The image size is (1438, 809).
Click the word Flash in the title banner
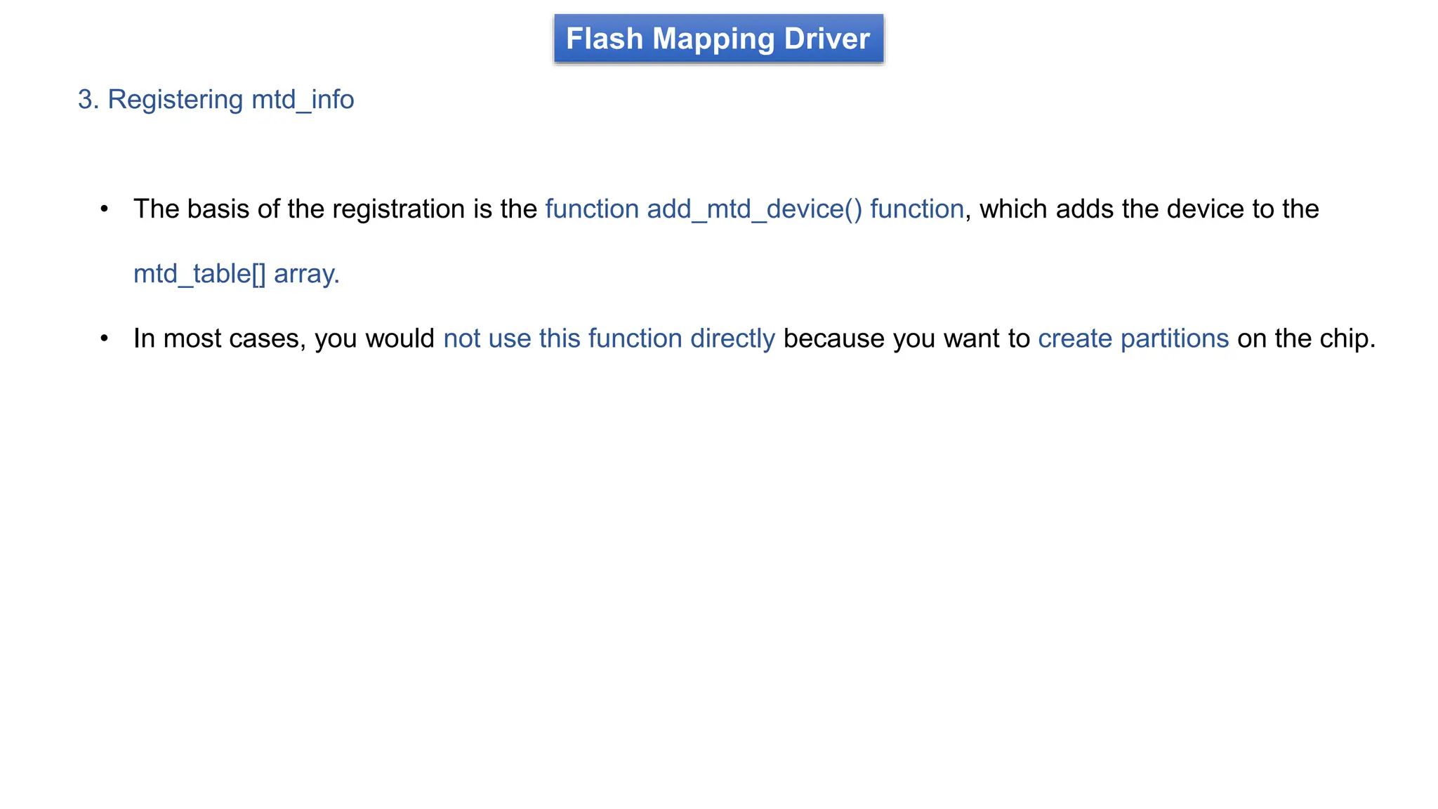604,39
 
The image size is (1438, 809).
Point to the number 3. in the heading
88,100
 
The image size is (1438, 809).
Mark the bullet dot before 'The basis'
105,209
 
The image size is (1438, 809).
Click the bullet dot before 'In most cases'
105,338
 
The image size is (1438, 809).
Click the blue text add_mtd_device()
754,209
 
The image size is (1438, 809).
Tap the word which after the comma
1014,209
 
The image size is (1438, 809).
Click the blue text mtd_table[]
199,274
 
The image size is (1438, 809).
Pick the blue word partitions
1174,339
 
